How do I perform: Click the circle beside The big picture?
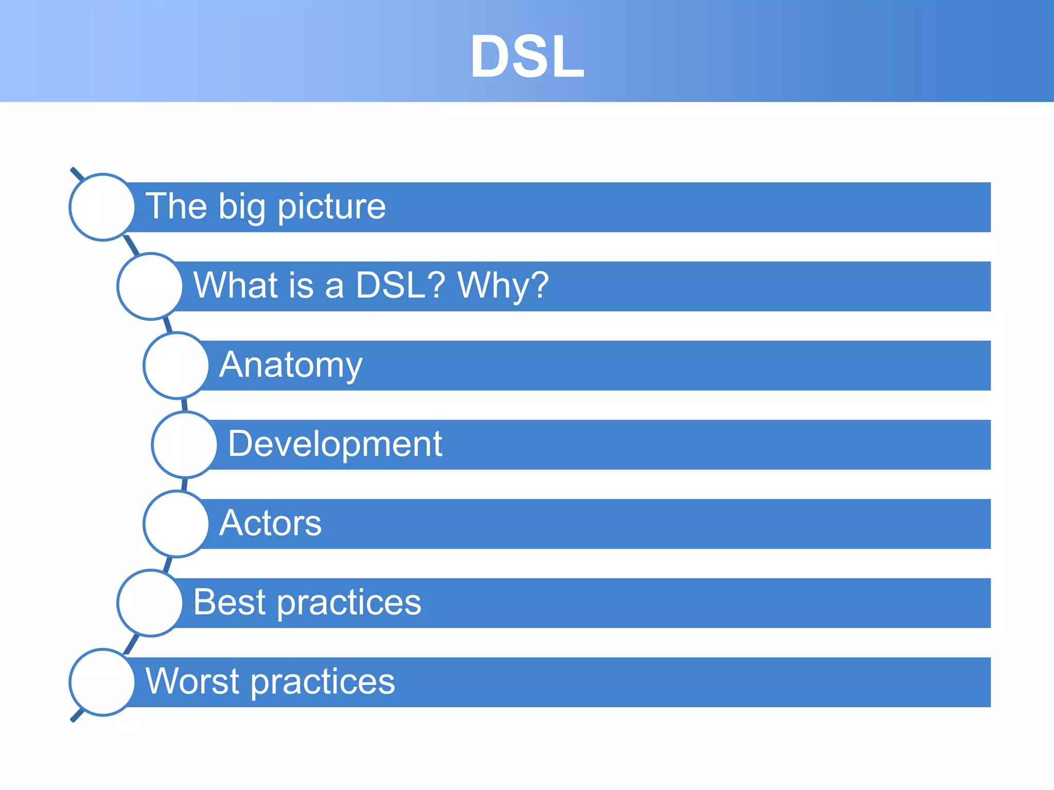tap(102, 207)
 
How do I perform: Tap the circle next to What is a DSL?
tap(150, 286)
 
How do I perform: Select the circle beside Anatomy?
tap(177, 365)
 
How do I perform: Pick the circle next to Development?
tap(185, 444)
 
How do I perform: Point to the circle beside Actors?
tap(177, 524)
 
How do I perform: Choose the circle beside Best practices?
tap(150, 603)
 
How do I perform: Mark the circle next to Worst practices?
tap(102, 682)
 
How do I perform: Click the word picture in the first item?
tap(331, 207)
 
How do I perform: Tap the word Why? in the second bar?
tap(503, 285)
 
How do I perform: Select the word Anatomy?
tap(291, 365)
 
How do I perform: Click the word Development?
tap(335, 444)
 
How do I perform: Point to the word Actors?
tap(270, 523)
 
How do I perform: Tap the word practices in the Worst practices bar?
tap(323, 682)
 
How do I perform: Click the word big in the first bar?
tap(241, 207)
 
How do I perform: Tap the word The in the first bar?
tap(175, 206)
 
